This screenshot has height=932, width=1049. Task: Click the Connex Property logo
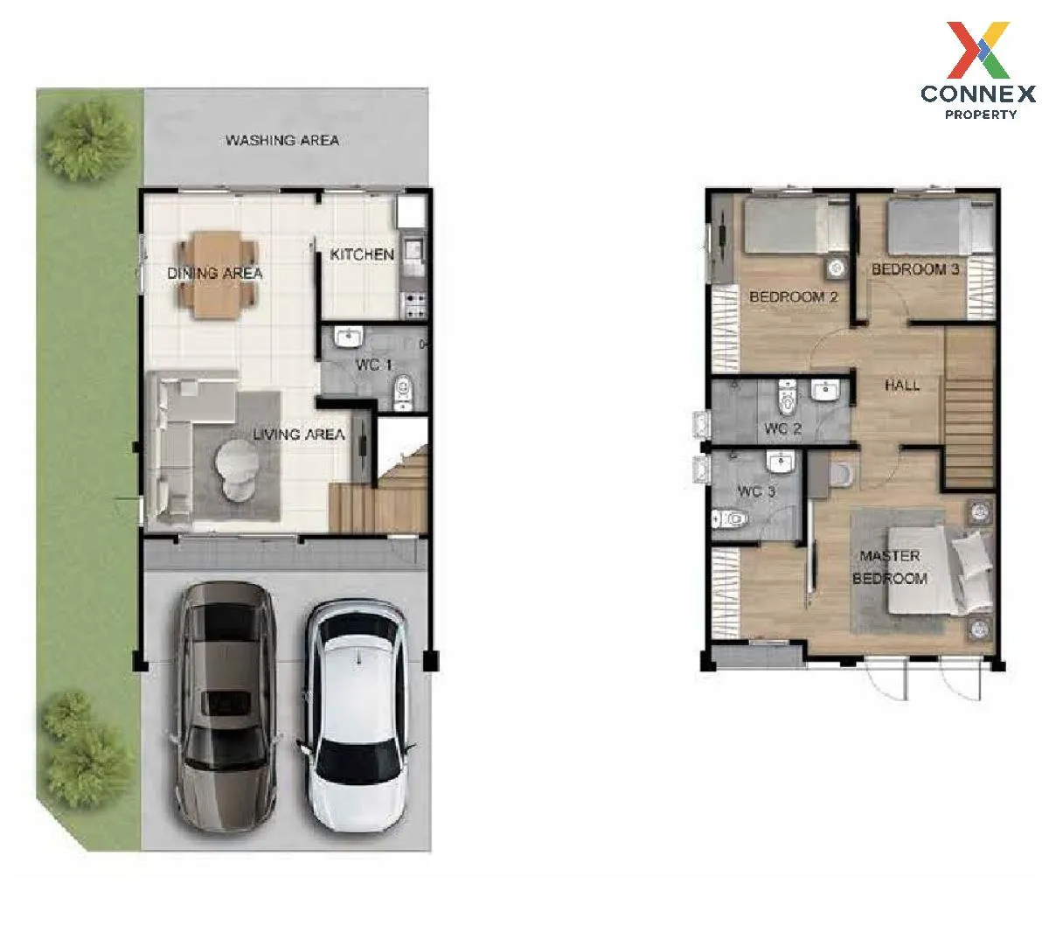pos(977,71)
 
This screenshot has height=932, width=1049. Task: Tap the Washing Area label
pos(282,140)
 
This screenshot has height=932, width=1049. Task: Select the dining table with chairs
pos(218,274)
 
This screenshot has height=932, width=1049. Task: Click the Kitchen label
pos(362,254)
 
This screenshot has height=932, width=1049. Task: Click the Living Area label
pos(299,435)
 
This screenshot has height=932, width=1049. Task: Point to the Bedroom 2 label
pos(793,296)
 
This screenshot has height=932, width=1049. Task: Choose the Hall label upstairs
pos(902,386)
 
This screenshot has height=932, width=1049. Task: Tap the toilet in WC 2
pos(787,397)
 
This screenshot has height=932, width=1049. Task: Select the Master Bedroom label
pos(890,567)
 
